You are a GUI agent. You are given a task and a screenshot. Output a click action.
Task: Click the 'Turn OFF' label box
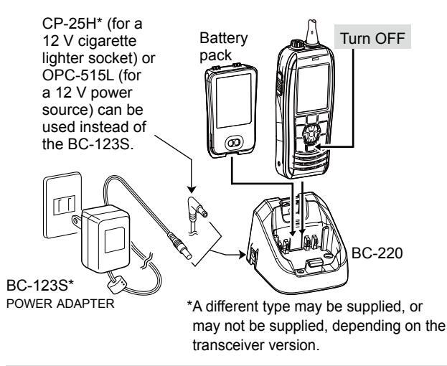coord(372,37)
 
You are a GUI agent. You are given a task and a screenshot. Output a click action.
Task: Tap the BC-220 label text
coord(377,253)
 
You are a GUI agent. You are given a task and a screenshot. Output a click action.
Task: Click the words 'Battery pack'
coord(223,47)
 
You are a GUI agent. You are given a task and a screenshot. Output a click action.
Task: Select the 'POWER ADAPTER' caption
coord(60,304)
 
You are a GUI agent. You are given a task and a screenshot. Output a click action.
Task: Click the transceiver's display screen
coord(312,89)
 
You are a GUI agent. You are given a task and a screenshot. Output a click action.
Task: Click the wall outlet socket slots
coord(65,205)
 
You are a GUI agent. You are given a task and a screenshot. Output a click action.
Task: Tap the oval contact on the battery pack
coord(234,143)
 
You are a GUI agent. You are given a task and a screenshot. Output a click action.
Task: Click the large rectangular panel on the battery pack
coord(234,100)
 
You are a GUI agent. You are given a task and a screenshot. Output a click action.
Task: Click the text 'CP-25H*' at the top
coord(72,24)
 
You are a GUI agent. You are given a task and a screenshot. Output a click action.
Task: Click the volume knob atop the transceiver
coord(297,44)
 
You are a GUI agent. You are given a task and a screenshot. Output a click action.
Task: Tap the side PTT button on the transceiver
coord(278,83)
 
